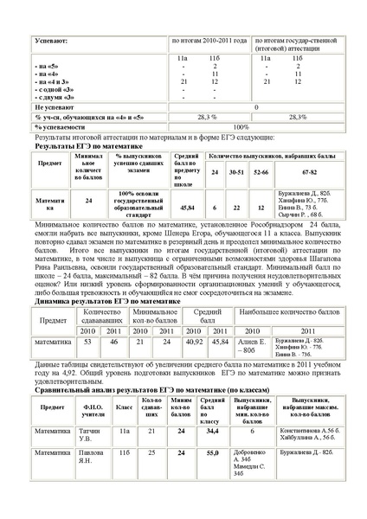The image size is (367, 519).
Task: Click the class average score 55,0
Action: pos(209,452)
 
